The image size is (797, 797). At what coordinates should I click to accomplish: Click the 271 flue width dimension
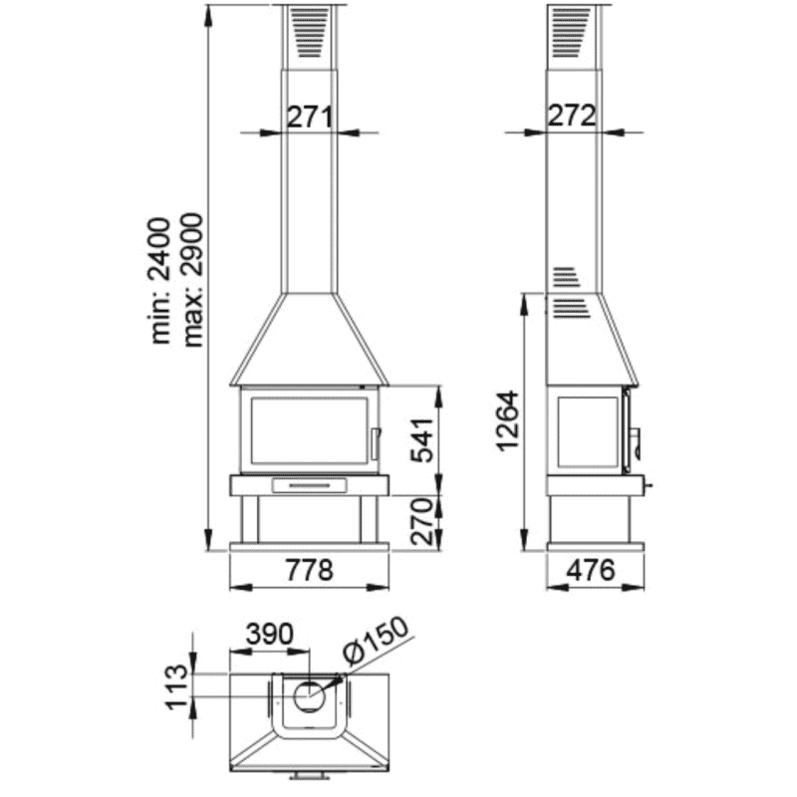pyautogui.click(x=310, y=118)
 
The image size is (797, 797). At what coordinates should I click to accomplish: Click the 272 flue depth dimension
pyautogui.click(x=572, y=116)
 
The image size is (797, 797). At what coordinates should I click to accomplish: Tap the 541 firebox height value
pyautogui.click(x=421, y=440)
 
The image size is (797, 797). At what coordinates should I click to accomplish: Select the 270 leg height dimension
pyautogui.click(x=421, y=521)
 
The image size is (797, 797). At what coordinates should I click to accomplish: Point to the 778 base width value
pyautogui.click(x=310, y=570)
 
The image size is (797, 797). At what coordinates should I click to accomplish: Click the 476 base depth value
pyautogui.click(x=591, y=570)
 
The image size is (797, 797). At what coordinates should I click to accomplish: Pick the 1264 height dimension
pyautogui.click(x=508, y=420)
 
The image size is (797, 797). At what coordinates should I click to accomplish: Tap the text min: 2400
pyautogui.click(x=161, y=281)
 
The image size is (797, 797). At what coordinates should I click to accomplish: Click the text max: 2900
pyautogui.click(x=193, y=280)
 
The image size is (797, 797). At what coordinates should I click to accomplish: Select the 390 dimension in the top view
pyautogui.click(x=270, y=634)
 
